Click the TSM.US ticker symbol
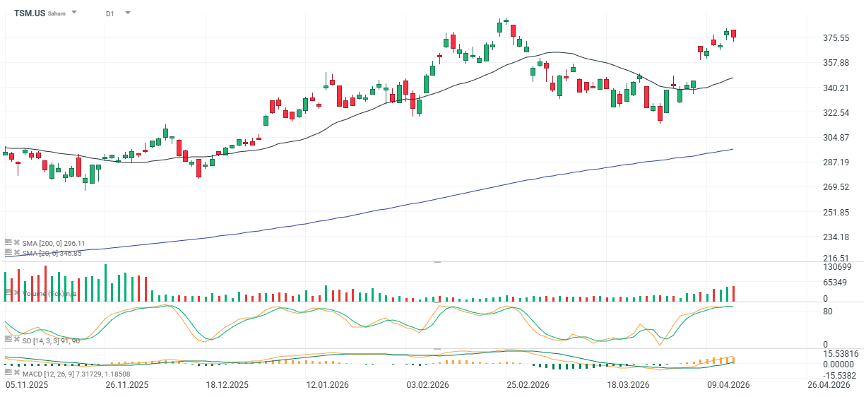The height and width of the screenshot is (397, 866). click(x=30, y=13)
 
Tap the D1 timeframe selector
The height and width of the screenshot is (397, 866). click(x=109, y=13)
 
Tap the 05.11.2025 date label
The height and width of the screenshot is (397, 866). click(x=27, y=385)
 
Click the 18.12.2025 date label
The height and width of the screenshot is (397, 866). click(x=227, y=385)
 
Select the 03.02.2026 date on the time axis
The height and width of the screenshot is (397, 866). click(x=429, y=385)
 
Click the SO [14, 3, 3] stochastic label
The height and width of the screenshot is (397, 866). click(x=50, y=340)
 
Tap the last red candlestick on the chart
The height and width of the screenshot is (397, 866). click(x=734, y=34)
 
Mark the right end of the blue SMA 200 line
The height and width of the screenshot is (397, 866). click(x=733, y=149)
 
